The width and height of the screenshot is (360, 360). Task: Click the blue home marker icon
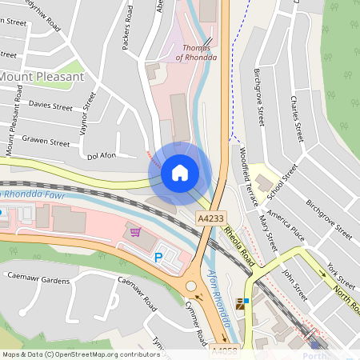(180, 172)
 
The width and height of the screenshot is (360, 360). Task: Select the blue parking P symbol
(158, 258)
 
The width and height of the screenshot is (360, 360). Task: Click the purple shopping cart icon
(136, 232)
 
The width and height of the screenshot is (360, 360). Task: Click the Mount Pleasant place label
(42, 76)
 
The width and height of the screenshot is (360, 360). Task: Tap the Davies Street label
(50, 105)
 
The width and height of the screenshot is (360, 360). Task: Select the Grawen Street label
(46, 142)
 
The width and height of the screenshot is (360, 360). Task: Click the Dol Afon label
(102, 156)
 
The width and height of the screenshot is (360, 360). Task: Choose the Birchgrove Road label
(258, 96)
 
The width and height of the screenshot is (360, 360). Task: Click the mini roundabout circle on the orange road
(191, 286)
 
